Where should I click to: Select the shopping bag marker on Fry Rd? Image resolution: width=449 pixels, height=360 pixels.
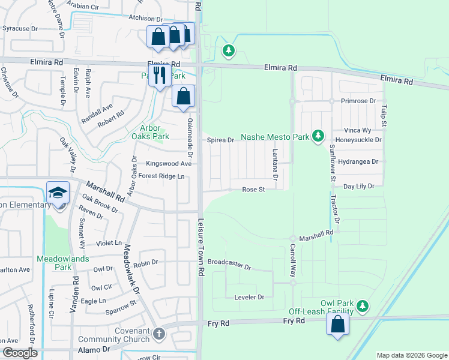click(338, 325)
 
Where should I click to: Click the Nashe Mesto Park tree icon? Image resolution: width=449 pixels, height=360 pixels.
click(318, 137)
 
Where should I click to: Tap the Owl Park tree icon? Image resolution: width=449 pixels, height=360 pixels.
click(362, 307)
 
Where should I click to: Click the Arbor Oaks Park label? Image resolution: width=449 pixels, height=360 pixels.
click(151, 132)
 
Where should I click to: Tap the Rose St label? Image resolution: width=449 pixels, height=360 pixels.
click(253, 190)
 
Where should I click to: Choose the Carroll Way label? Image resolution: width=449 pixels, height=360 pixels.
click(293, 259)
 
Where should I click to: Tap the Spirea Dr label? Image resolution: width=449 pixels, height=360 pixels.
click(220, 140)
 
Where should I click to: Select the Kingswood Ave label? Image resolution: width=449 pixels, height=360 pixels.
click(169, 163)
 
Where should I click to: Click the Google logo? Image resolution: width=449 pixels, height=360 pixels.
click(20, 353)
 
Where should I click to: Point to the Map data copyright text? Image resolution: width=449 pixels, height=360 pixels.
click(411, 355)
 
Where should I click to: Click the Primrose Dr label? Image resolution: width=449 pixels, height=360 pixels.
click(359, 101)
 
